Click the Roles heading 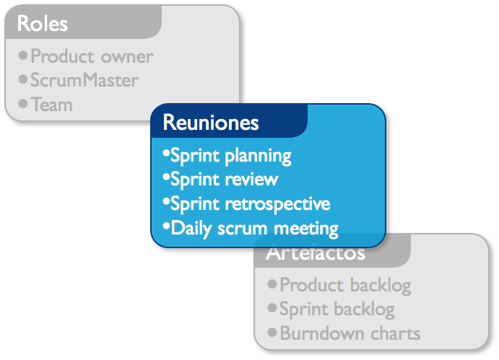click(43, 24)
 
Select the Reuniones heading click(210, 122)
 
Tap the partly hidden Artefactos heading click(315, 255)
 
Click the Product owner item click(92, 56)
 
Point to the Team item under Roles click(51, 104)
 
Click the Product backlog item click(345, 285)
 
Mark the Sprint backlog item click(337, 309)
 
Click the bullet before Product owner click(23, 55)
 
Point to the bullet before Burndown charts click(272, 333)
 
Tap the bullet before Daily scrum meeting click(165, 227)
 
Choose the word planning click(258, 156)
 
